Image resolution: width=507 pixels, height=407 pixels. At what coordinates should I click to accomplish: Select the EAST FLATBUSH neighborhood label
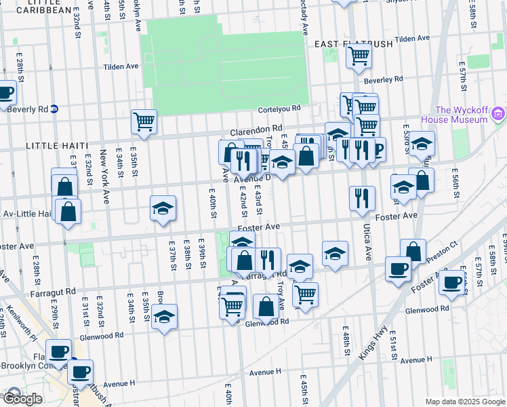tap(353, 44)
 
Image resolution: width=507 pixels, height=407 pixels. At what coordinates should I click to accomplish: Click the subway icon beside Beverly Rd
tap(54, 109)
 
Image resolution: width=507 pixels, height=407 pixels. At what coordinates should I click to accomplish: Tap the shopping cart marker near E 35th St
tap(144, 122)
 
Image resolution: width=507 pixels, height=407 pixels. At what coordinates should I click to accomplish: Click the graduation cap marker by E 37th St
tap(163, 208)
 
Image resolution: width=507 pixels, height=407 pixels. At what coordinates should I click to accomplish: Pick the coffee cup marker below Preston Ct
tap(452, 281)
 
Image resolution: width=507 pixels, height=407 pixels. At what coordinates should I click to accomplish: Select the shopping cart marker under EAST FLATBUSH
tap(359, 56)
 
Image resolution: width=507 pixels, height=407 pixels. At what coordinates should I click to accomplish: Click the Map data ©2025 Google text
tap(465, 402)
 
